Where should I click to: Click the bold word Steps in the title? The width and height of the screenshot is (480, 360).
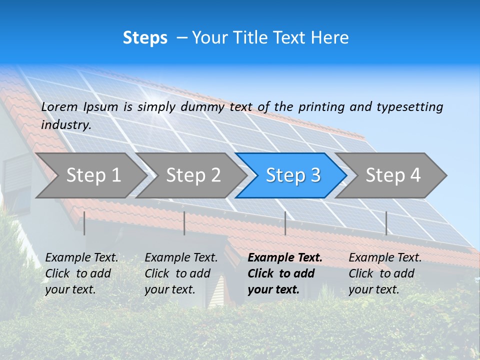[x=145, y=38]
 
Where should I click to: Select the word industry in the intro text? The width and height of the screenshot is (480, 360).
[x=65, y=125]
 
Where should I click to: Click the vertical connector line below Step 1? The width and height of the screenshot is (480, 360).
[x=84, y=223]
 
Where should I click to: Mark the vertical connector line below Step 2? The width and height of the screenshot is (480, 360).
[x=184, y=223]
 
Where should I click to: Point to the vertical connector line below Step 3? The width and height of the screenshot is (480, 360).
[x=285, y=223]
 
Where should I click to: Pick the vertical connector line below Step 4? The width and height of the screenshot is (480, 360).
[x=386, y=223]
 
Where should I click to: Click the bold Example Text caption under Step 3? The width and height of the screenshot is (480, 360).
[x=285, y=273]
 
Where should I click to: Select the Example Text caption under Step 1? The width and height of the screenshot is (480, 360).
[x=82, y=273]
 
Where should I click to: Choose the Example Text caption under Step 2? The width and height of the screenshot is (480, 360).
[x=181, y=273]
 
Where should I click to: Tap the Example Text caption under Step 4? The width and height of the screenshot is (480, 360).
[x=385, y=273]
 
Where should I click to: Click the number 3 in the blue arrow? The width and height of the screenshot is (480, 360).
[x=315, y=175]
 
